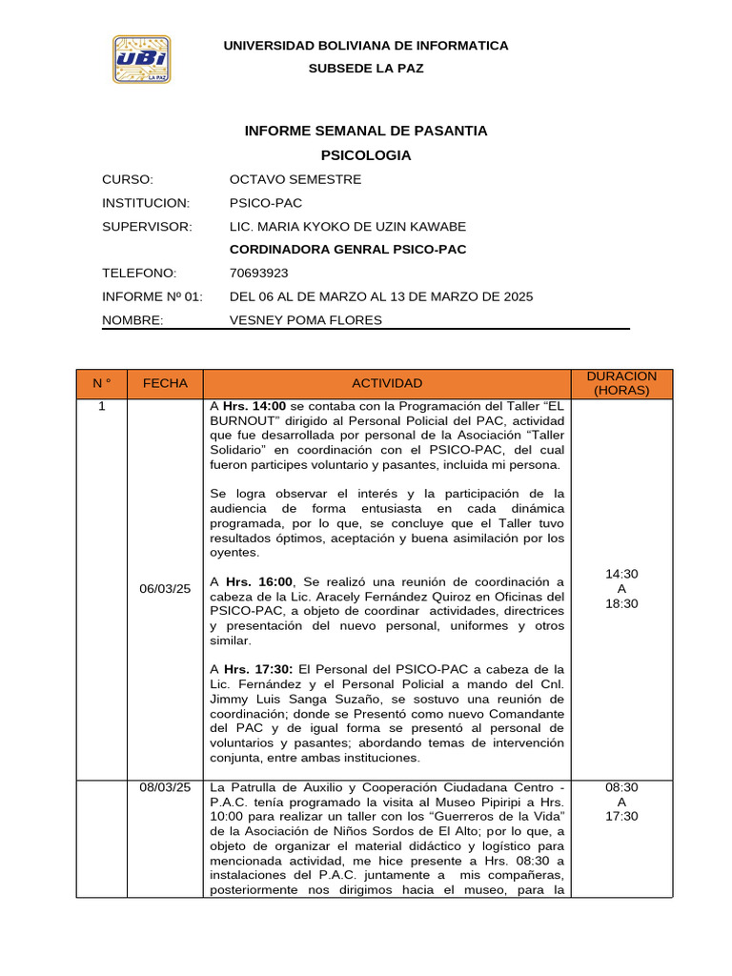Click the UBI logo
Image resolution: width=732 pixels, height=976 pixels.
click(x=142, y=59)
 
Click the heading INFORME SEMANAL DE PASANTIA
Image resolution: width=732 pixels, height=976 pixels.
click(x=366, y=131)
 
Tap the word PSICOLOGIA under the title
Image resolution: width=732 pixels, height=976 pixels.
click(x=366, y=154)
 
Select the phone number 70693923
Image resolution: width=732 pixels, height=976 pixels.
click(x=259, y=273)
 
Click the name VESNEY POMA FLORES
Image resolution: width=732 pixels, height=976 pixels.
click(x=305, y=319)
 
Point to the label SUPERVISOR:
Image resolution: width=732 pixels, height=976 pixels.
click(x=147, y=226)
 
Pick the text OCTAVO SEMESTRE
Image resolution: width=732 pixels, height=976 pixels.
click(x=295, y=179)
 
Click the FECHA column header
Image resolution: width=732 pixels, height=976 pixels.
click(x=165, y=383)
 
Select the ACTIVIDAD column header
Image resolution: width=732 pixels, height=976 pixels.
click(x=387, y=383)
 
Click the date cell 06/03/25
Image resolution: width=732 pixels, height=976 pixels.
click(x=165, y=589)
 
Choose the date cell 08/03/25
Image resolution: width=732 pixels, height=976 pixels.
click(x=165, y=787)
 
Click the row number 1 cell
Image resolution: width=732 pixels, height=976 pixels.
click(x=101, y=407)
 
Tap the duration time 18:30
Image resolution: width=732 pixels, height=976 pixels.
click(x=621, y=604)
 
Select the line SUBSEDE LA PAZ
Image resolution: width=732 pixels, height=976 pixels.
click(x=366, y=69)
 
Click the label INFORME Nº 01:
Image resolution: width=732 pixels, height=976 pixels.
click(x=152, y=296)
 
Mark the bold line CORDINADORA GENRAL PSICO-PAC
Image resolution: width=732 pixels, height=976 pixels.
click(x=349, y=250)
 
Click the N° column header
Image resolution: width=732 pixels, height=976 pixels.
click(x=101, y=383)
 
